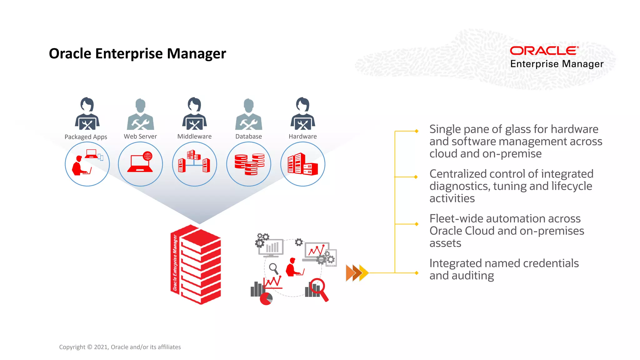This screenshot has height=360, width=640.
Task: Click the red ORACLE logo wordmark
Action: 544,51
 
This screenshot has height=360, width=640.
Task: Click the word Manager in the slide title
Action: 196,54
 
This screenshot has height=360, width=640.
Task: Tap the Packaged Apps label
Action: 86,137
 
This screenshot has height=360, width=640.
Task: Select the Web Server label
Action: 140,136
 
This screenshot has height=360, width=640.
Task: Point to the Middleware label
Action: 194,136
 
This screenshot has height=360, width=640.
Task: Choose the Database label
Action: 248,136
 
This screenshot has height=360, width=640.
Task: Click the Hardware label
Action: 302,136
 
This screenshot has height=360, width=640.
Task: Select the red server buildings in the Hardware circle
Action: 302,164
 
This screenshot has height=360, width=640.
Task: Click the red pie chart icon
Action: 266,299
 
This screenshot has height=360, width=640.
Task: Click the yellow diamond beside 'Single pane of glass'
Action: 416,131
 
